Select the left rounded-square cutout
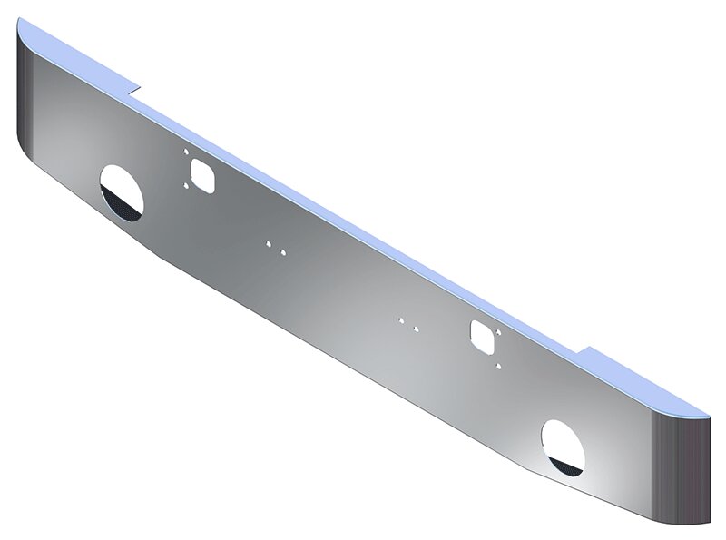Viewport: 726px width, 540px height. (202, 173)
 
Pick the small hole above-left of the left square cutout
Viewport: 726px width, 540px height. (184, 152)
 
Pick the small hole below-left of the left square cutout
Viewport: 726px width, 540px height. (187, 186)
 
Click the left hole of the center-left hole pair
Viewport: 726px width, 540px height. (269, 243)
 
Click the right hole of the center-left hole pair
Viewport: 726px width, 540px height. (283, 251)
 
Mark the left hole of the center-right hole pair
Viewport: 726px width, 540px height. (400, 319)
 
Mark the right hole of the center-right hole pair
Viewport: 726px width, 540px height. (415, 328)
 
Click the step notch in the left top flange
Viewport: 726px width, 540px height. (133, 90)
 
